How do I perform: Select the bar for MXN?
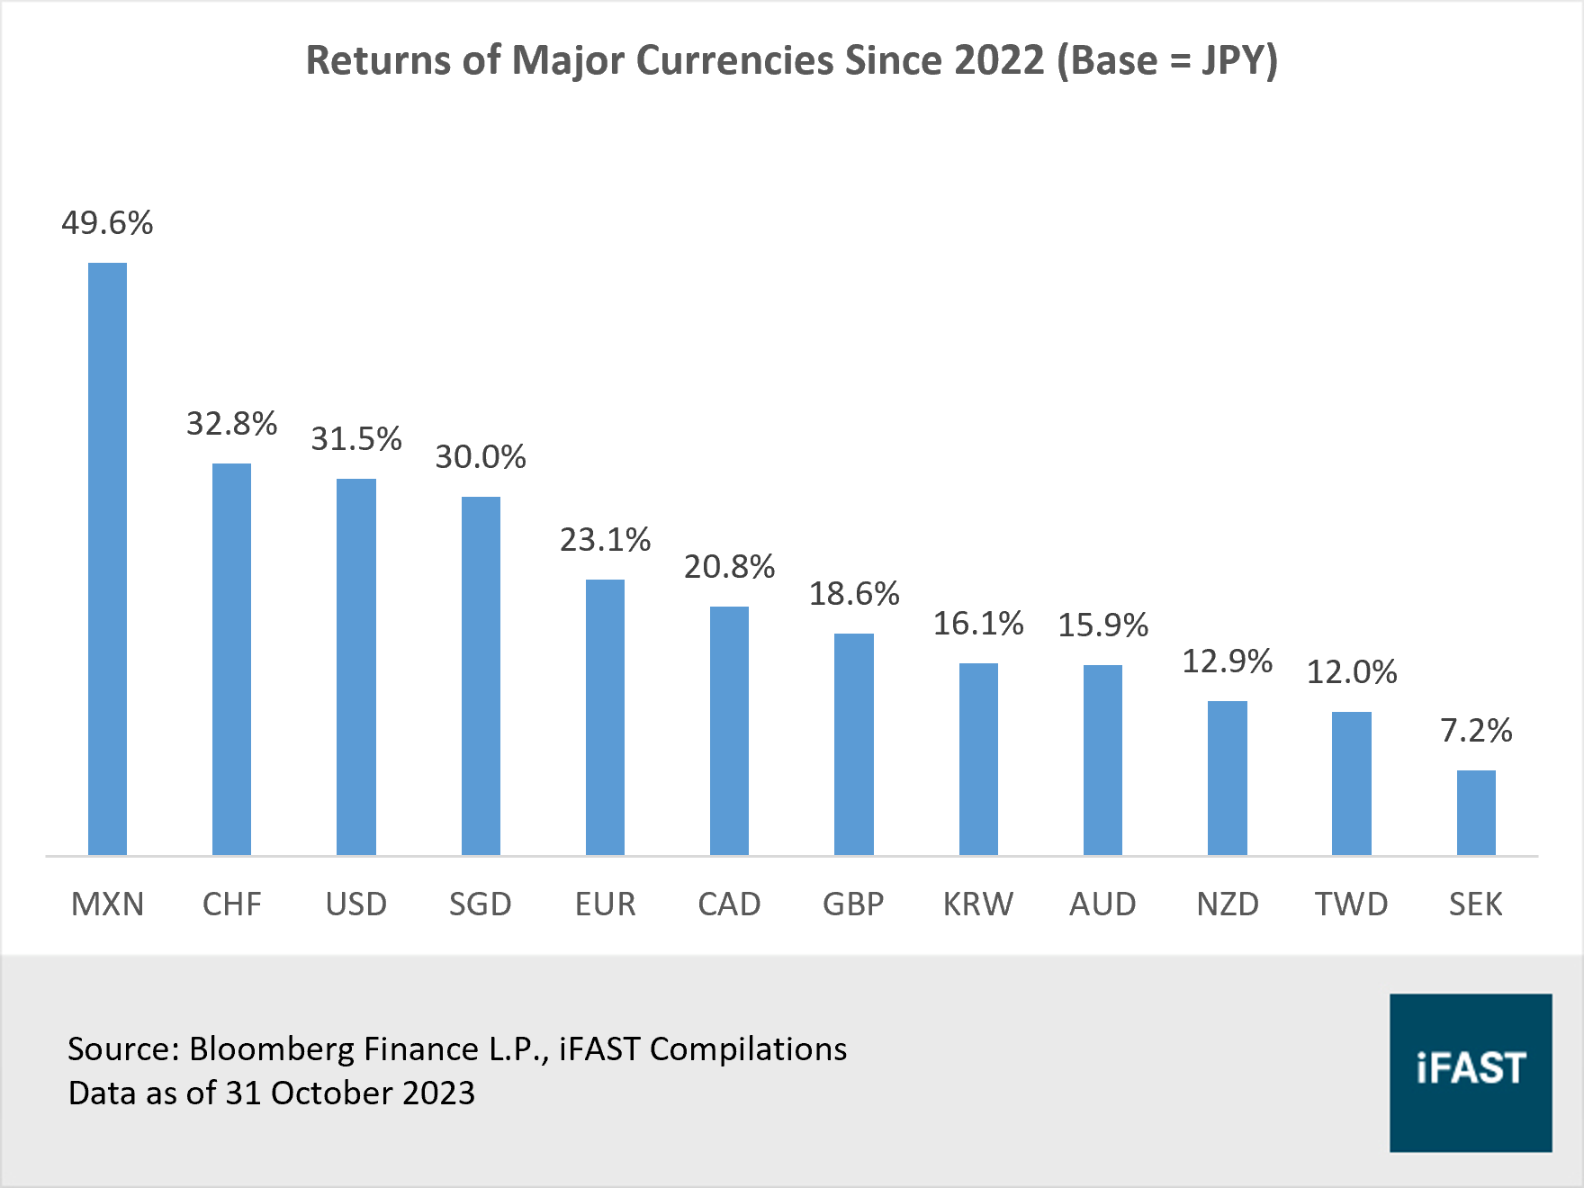(x=107, y=558)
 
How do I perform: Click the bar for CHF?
(x=231, y=659)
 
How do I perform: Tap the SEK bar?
(x=1476, y=812)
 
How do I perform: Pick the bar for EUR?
(x=605, y=716)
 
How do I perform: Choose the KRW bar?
(x=978, y=759)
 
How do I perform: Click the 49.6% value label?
(x=107, y=223)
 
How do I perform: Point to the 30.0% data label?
(x=481, y=457)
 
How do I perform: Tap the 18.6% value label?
(x=854, y=594)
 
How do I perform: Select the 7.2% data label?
(x=1476, y=731)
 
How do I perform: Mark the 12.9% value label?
(x=1227, y=661)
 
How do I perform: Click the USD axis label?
(x=356, y=904)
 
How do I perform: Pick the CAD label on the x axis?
(x=729, y=904)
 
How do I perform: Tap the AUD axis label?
(x=1102, y=904)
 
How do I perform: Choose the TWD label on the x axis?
(x=1351, y=904)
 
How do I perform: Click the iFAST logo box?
(x=1471, y=1072)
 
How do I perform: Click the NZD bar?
(x=1227, y=778)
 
